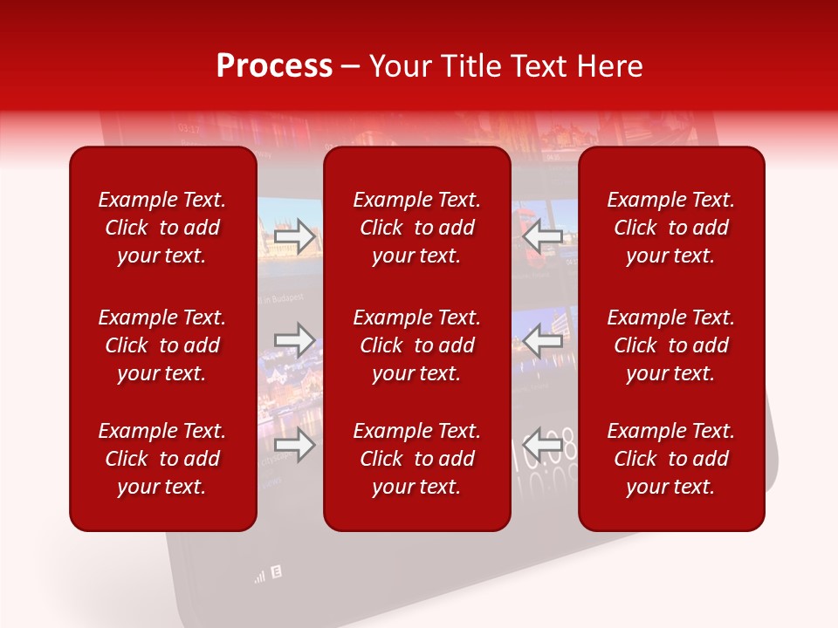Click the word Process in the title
(274, 66)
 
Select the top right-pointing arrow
(295, 236)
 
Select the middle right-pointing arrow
(295, 340)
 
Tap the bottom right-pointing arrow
(295, 445)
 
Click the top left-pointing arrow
(543, 236)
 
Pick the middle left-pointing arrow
(543, 340)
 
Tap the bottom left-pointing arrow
(543, 445)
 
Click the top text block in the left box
(162, 228)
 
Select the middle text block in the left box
(162, 345)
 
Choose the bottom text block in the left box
(162, 459)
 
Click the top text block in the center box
(417, 228)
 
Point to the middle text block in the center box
(417, 345)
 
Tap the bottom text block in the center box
(417, 459)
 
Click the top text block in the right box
(671, 228)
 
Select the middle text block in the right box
(671, 345)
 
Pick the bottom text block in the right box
(671, 459)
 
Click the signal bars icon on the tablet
(259, 576)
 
